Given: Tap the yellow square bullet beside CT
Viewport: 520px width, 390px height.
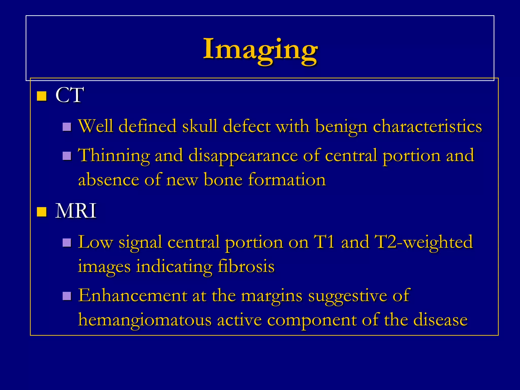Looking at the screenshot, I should coord(42,96).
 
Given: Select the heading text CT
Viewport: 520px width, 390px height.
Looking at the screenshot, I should coord(69,95).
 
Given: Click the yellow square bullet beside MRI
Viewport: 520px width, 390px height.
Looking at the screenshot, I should coord(42,212).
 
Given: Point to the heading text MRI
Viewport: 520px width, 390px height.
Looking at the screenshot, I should coord(76,211).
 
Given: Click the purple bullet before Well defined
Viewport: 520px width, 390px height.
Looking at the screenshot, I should coord(67,127).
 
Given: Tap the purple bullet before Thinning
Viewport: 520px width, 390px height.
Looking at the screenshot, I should coord(67,156).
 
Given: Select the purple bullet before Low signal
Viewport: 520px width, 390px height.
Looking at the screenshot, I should coord(67,242).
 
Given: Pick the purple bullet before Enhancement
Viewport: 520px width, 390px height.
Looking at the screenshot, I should coord(67,296).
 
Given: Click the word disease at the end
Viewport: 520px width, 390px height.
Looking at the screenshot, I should coord(440,320).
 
